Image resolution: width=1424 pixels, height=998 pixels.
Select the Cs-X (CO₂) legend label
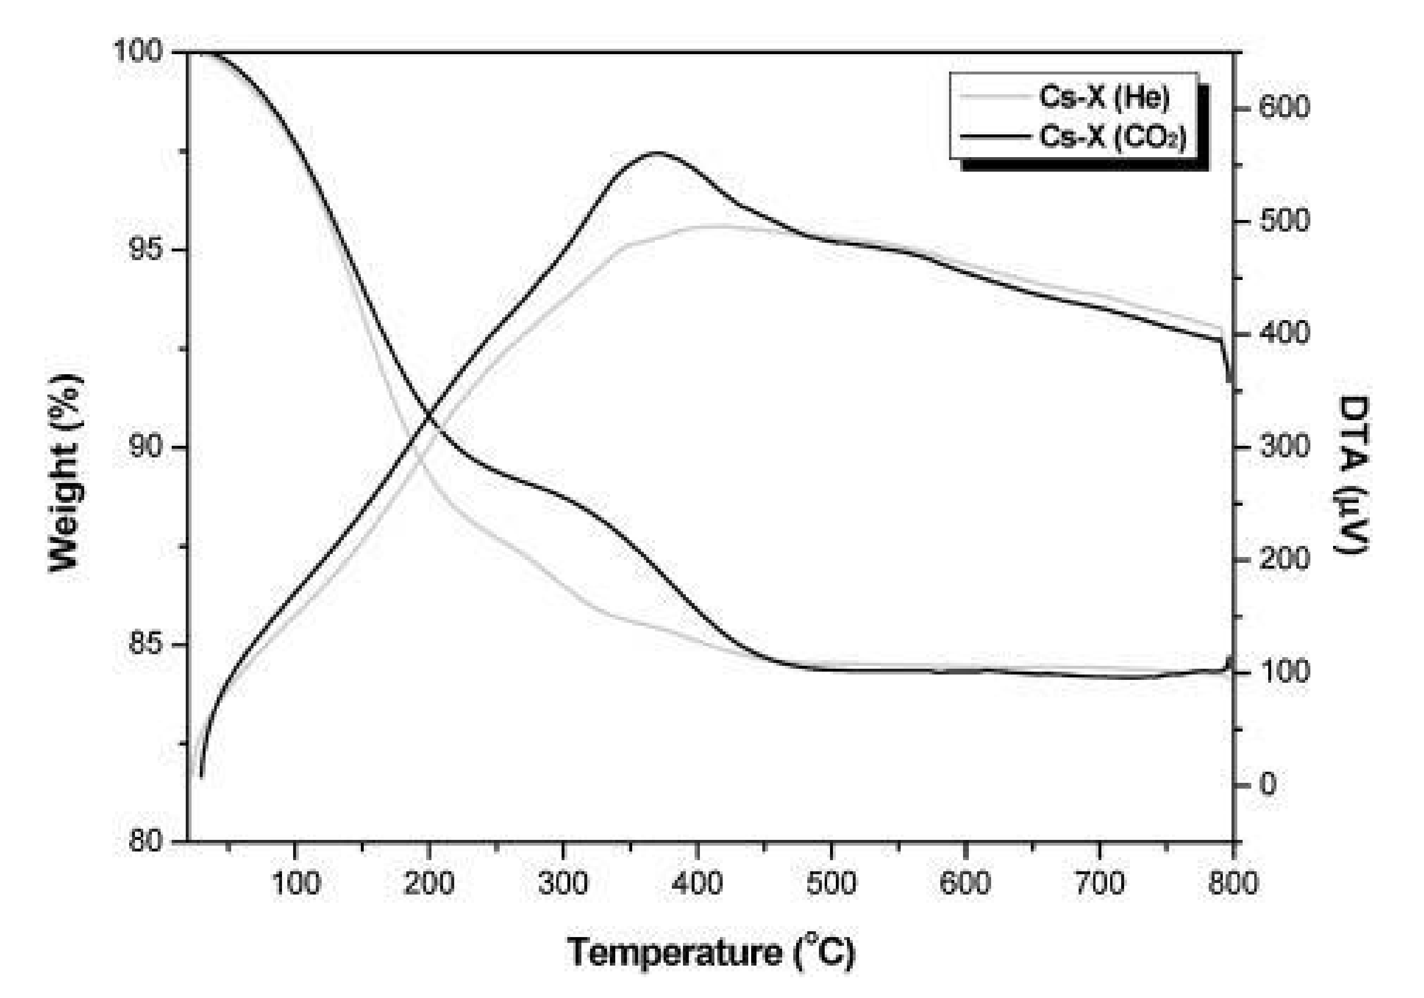(x=1112, y=136)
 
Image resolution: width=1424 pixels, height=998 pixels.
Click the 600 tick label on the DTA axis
(x=1283, y=108)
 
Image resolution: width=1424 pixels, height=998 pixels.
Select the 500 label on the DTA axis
(x=1283, y=221)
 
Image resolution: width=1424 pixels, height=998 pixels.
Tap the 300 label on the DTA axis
(x=1283, y=447)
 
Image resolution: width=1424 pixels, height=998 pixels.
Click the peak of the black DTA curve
(x=656, y=152)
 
